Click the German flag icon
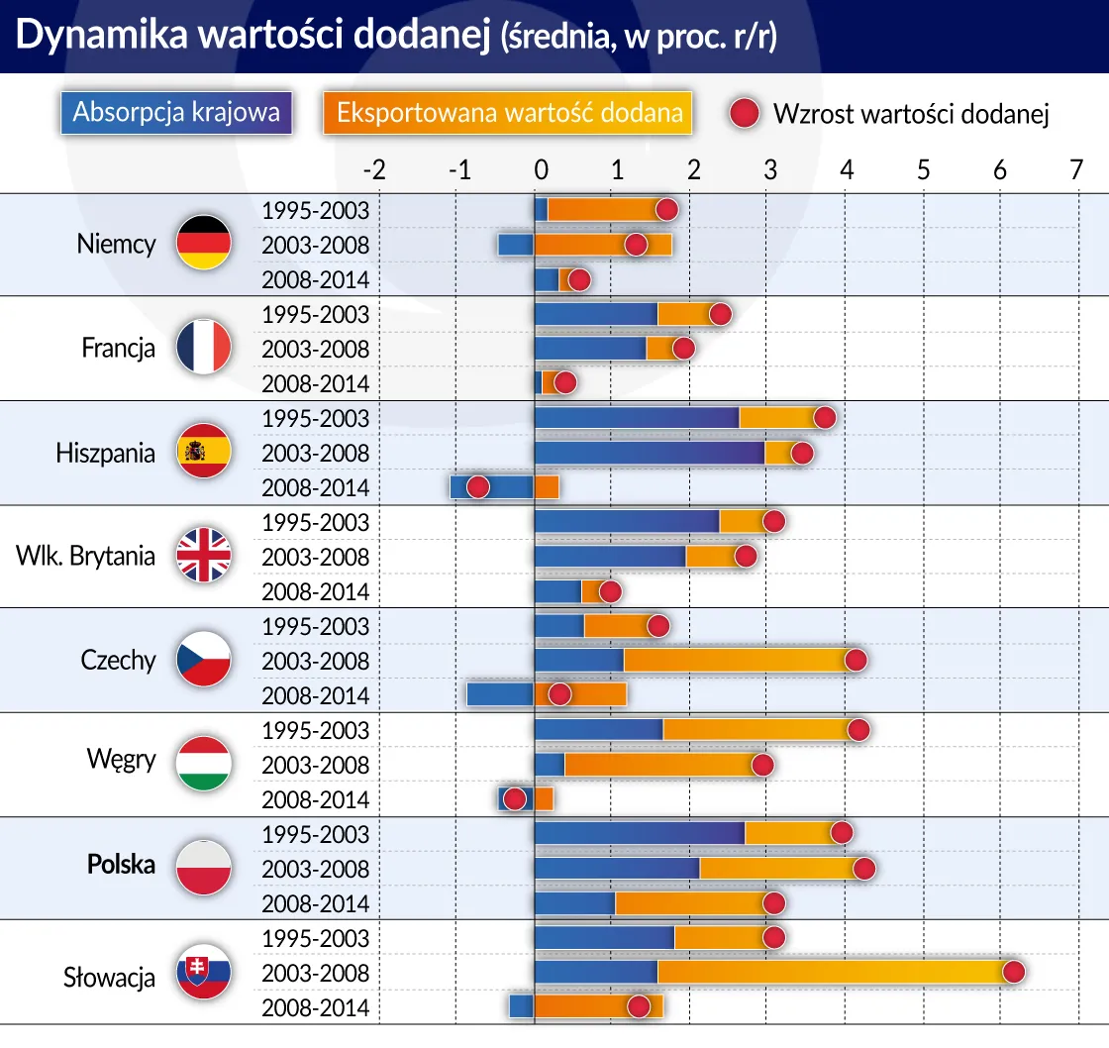click(x=203, y=244)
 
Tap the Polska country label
click(x=122, y=864)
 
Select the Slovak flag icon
click(x=203, y=972)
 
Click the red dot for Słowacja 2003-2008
click(x=1013, y=972)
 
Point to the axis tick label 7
click(x=1076, y=170)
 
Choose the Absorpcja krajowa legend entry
click(x=176, y=112)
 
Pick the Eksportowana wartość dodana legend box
click(x=507, y=112)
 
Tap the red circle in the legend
click(x=745, y=113)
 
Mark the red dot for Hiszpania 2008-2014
click(x=477, y=487)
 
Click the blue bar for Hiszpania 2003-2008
click(x=649, y=453)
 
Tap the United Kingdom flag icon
click(x=203, y=556)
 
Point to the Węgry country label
click(x=122, y=760)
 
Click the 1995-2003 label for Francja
click(x=315, y=314)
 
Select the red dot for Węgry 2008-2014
click(x=514, y=799)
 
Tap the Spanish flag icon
click(x=203, y=452)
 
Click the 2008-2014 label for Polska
click(x=315, y=903)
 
